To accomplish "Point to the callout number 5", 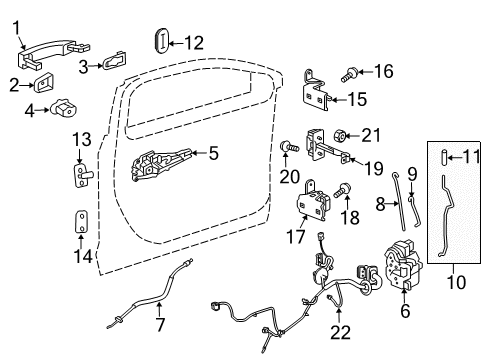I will click(x=212, y=153).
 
